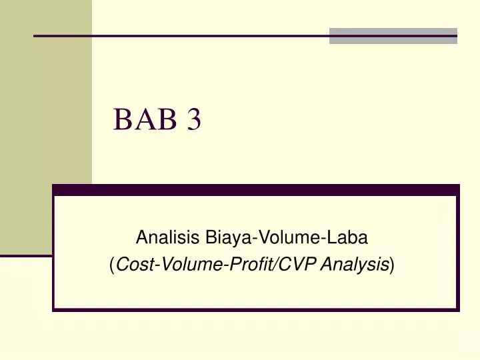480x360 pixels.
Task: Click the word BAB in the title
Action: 145,119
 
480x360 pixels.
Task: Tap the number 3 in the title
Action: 194,119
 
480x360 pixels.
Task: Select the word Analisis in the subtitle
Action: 167,237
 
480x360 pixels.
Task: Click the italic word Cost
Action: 135,264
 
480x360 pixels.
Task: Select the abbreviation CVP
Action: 297,264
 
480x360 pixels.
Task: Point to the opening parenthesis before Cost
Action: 113,265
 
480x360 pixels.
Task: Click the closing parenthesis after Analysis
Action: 392,265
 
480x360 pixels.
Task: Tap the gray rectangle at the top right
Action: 393,36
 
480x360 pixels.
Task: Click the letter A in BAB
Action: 145,119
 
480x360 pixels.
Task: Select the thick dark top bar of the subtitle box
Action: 256,190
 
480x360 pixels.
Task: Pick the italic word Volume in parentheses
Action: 192,264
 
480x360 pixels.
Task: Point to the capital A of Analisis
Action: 141,237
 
